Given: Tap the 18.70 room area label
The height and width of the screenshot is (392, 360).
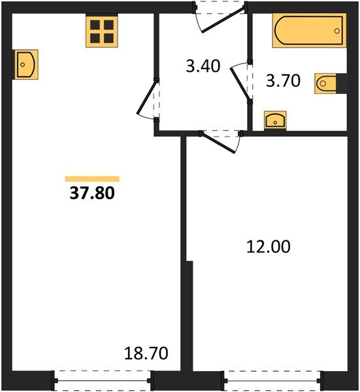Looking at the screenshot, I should pos(146,354).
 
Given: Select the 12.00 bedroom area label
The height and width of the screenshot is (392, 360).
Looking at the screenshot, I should pos(269,246).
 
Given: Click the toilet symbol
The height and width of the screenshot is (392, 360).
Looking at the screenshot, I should pos(327,83).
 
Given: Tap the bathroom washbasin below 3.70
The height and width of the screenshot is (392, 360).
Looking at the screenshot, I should pos(274,120).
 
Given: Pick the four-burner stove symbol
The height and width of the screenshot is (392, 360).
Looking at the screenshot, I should pos(101,31).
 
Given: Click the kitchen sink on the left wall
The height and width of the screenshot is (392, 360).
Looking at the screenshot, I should pos(25,63).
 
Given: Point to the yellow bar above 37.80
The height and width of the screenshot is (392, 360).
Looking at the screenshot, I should pos(92,178).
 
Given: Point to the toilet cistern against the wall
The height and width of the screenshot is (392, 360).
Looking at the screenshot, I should pos(338,83).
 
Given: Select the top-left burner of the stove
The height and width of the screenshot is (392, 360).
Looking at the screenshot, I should pos(95,25).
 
